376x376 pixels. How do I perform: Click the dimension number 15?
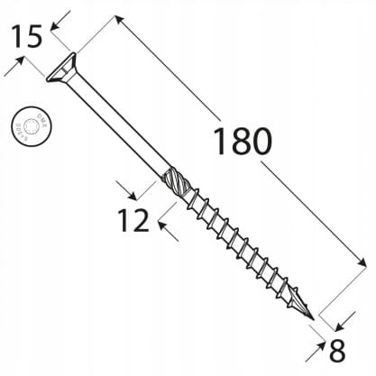pyautogui.click(x=26, y=38)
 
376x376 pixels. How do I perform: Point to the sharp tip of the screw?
pyautogui.click(x=313, y=320)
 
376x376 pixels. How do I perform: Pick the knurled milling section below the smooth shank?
pyautogui.click(x=174, y=179)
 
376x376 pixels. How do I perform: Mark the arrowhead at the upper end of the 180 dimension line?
pyautogui.click(x=121, y=20)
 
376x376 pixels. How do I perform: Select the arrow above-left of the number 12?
pyautogui.click(x=127, y=188)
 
